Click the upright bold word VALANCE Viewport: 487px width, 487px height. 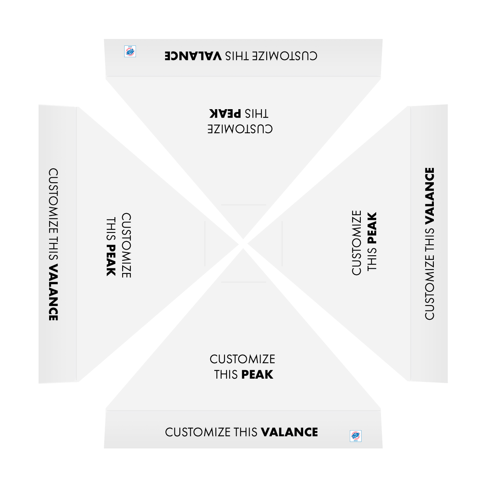289,432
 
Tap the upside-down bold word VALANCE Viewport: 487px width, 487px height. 193,56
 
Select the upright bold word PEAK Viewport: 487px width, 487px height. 257,375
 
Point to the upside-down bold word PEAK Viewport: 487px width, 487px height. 225,114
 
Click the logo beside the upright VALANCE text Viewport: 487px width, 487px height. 356,436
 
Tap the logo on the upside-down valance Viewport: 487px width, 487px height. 130,51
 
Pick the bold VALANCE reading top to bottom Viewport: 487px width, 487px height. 53,292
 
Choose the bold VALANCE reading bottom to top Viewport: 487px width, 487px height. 430,196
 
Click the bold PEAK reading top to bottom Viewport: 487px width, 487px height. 111,260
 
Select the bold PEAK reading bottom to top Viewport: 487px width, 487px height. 372,228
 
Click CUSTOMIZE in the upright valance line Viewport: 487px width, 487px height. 198,432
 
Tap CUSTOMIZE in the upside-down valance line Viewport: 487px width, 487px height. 284,56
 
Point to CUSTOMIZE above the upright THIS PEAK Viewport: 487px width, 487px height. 242,359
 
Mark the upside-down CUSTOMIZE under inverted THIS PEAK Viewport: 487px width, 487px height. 240,129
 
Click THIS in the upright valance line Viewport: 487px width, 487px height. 246,432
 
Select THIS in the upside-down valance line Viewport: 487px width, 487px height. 237,56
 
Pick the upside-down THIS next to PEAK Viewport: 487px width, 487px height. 256,114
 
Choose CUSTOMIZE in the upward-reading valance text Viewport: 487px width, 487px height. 430,287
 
